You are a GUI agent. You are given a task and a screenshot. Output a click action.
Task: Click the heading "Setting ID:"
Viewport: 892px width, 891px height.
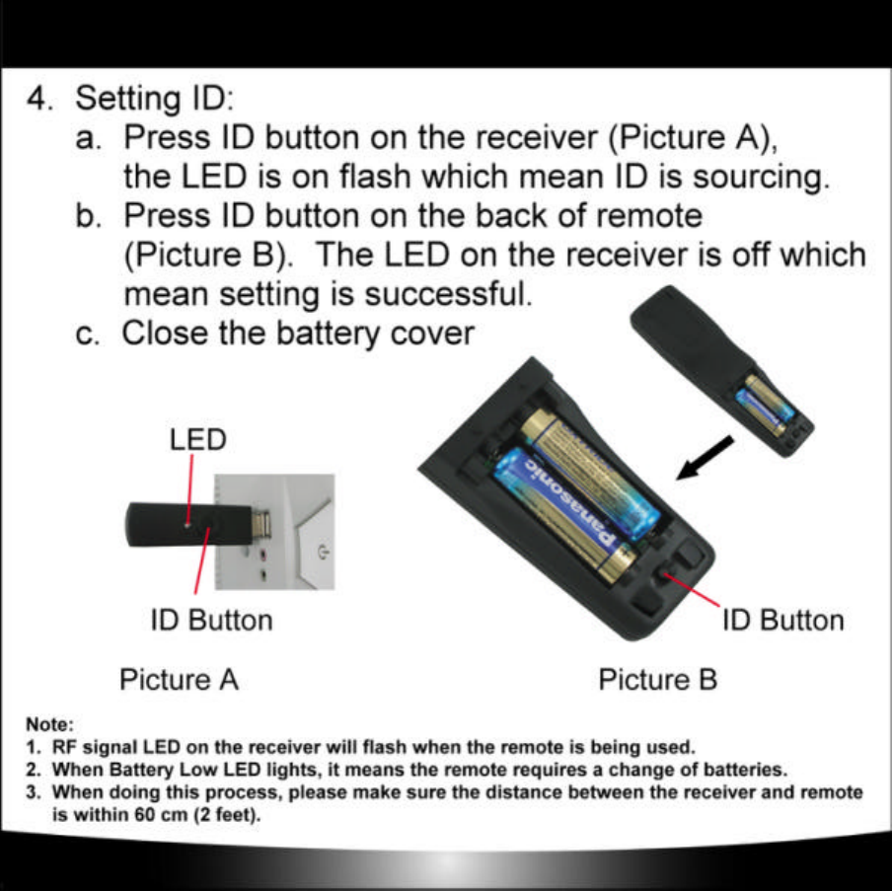155,100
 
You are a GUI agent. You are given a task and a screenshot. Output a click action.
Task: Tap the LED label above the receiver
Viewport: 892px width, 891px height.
198,439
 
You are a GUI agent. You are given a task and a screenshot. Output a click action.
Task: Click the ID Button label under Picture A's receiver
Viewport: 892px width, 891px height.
210,621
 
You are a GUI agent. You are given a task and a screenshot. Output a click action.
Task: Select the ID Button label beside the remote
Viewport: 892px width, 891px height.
783,621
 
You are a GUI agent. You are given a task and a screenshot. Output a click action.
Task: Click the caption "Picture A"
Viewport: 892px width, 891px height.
179,680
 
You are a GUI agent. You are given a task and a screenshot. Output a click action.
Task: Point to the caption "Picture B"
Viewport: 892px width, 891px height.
658,680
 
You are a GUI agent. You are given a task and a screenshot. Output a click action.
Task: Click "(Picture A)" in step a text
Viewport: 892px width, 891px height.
690,137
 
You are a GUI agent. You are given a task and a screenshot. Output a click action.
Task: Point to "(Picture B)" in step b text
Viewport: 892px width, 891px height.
208,256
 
